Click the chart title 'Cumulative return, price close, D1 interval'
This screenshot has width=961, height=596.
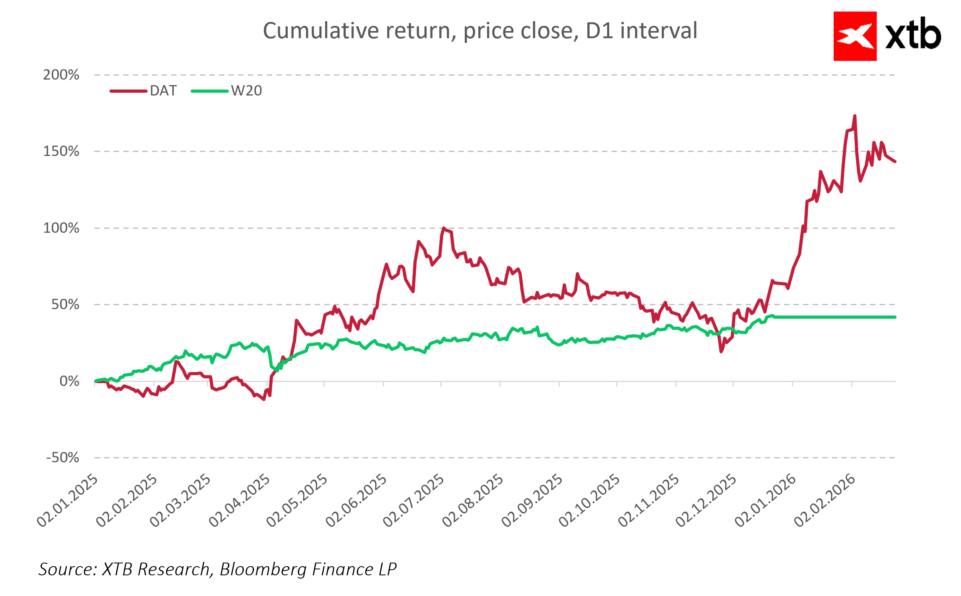click(480, 31)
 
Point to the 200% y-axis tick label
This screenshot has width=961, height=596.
click(61, 75)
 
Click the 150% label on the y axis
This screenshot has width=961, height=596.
click(61, 152)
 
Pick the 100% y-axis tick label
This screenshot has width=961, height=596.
click(61, 228)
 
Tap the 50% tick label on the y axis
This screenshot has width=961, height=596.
click(65, 305)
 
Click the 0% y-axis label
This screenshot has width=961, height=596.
click(69, 381)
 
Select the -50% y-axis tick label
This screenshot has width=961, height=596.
click(63, 458)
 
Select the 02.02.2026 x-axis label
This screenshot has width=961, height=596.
click(825, 501)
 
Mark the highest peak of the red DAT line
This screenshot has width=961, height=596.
click(855, 116)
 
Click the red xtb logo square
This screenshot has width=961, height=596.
click(855, 36)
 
